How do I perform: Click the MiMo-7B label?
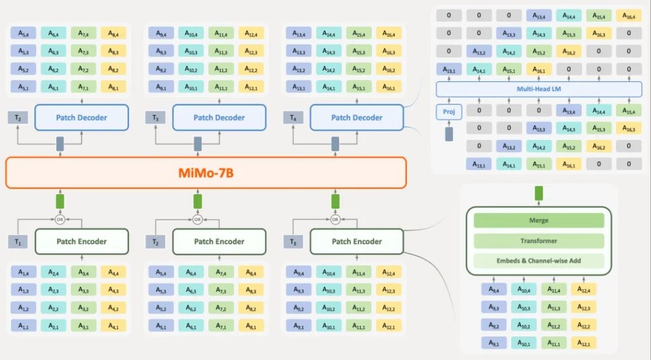[205, 172]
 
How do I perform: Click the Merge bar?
[538, 221]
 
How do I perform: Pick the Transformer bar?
[538, 240]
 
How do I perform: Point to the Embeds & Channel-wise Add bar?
[538, 260]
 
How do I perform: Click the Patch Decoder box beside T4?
[356, 118]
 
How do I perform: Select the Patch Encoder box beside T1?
[81, 241]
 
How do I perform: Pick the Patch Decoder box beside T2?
[81, 118]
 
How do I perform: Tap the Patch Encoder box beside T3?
[356, 241]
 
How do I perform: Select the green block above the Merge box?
[538, 193]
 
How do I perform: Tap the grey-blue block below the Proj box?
[449, 134]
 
